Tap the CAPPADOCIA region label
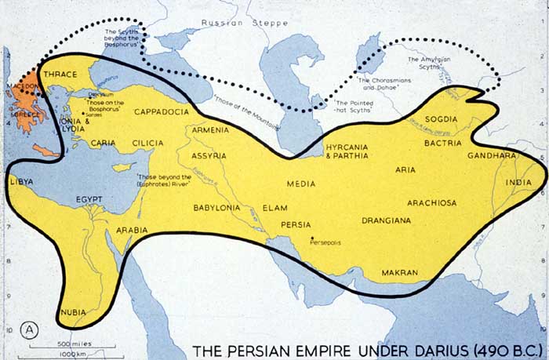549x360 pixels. tap(162, 112)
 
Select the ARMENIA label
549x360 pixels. tap(210, 129)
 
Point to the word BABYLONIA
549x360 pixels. tap(217, 208)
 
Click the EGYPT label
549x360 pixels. tap(90, 200)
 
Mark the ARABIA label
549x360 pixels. tap(131, 231)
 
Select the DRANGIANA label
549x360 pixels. tap(386, 220)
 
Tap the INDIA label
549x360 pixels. tap(518, 183)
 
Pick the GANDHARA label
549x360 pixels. tap(491, 155)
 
